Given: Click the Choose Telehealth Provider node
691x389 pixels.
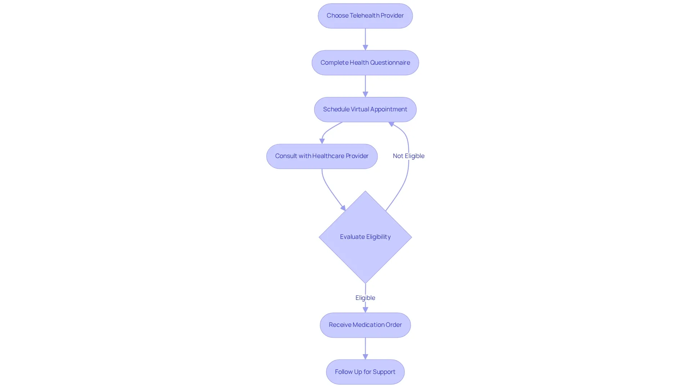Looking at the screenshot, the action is click(365, 16).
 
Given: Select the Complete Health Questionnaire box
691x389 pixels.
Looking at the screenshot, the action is click(365, 62).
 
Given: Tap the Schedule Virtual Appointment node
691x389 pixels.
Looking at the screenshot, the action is click(365, 110).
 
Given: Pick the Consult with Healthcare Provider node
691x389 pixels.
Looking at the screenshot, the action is click(322, 156).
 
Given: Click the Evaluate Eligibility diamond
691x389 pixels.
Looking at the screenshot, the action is click(365, 237).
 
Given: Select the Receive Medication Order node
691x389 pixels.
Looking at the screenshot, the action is click(365, 325).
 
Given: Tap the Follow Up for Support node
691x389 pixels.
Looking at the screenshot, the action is click(365, 372).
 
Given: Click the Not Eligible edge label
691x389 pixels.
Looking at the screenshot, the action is click(409, 156).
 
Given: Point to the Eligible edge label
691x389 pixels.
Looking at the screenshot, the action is click(365, 298).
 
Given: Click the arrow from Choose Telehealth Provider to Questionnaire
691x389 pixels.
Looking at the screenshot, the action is click(365, 40).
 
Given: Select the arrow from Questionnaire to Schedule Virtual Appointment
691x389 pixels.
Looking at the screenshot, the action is click(365, 86).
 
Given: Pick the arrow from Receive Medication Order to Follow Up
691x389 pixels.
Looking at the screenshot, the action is click(365, 349).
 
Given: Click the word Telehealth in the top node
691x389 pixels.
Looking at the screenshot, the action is click(365, 15).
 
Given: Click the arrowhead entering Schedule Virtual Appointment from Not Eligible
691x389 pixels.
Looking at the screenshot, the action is click(392, 124).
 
